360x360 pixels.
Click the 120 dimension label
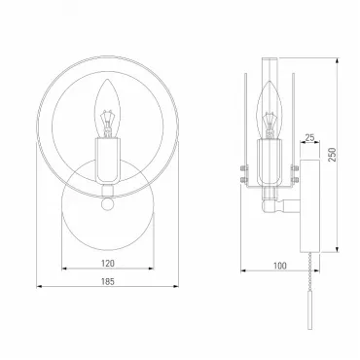tap(108, 264)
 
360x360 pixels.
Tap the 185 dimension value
tap(108, 281)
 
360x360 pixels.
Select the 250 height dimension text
tap(332, 155)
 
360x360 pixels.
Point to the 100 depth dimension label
tap(280, 266)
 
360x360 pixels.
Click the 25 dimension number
tap(309, 137)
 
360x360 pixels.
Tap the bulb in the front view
tap(108, 109)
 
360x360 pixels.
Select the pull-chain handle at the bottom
tap(309, 310)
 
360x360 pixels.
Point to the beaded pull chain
tap(310, 271)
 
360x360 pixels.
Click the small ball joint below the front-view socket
tap(107, 204)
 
